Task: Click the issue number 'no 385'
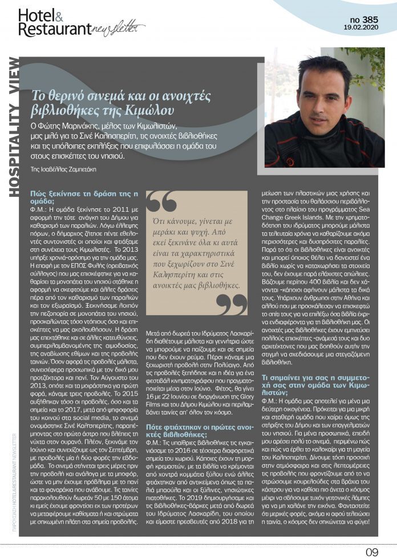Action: click(362, 19)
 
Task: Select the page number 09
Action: click(371, 551)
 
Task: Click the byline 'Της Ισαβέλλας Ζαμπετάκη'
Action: click(63, 169)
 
